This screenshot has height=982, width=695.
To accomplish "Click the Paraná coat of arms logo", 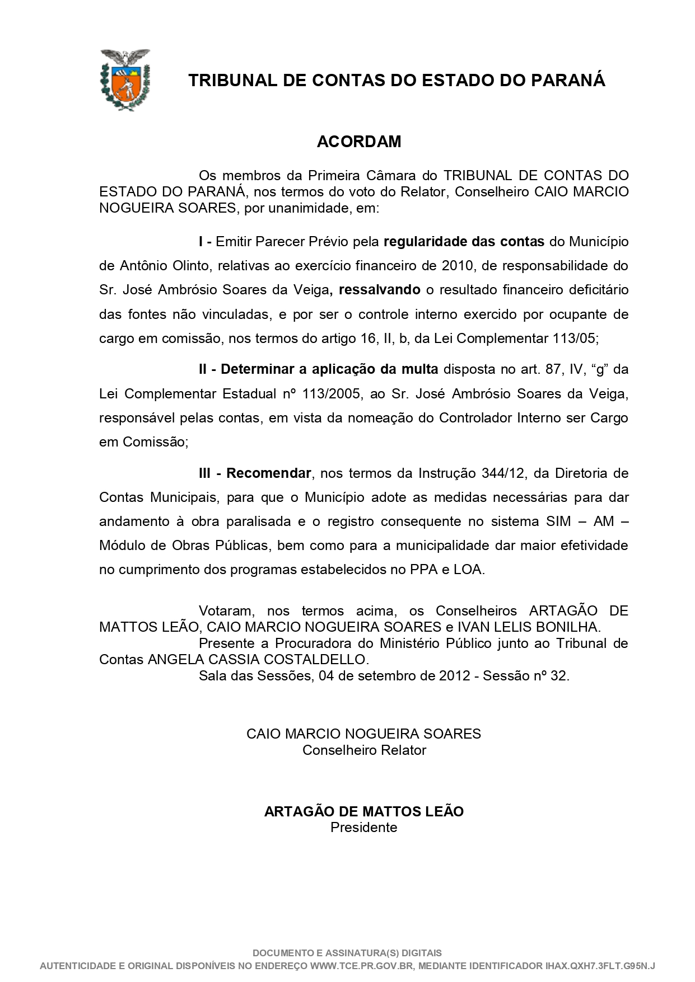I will (x=125, y=79).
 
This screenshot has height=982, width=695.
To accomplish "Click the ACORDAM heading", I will (x=359, y=142).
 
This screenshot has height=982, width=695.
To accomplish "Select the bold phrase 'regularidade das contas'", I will (x=464, y=242).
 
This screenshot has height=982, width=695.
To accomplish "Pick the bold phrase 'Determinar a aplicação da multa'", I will (x=330, y=369).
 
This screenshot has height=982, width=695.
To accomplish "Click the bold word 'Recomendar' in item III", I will (x=268, y=473).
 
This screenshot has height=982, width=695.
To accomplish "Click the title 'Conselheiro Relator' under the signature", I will (x=364, y=750).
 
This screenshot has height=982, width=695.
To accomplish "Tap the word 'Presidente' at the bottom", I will (x=363, y=827).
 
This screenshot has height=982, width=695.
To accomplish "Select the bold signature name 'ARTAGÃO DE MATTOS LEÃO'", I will (x=363, y=811).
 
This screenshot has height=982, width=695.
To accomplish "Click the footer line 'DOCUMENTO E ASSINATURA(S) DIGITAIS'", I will (x=347, y=953).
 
